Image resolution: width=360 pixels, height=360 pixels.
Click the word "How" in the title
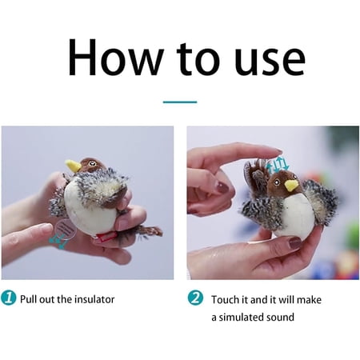[115, 57]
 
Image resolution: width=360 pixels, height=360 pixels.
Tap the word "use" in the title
[270, 61]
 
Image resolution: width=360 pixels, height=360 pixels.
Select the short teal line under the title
[180, 102]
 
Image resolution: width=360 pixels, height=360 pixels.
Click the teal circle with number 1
[9, 298]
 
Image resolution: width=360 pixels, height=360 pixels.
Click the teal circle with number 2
[195, 298]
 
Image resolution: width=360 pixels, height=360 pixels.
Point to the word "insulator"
[94, 299]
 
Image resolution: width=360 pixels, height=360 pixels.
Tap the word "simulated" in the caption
[238, 317]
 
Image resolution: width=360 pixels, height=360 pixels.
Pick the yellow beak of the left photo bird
[74, 166]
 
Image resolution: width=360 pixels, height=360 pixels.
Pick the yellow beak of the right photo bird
[291, 186]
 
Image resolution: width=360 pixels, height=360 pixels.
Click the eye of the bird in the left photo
[92, 162]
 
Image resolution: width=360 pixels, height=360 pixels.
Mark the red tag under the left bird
[106, 237]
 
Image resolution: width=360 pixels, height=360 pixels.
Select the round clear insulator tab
[66, 229]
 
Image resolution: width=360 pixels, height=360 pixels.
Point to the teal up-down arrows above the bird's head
[278, 164]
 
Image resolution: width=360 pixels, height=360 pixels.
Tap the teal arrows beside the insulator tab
[58, 242]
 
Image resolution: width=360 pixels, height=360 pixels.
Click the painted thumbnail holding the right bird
[295, 243]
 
